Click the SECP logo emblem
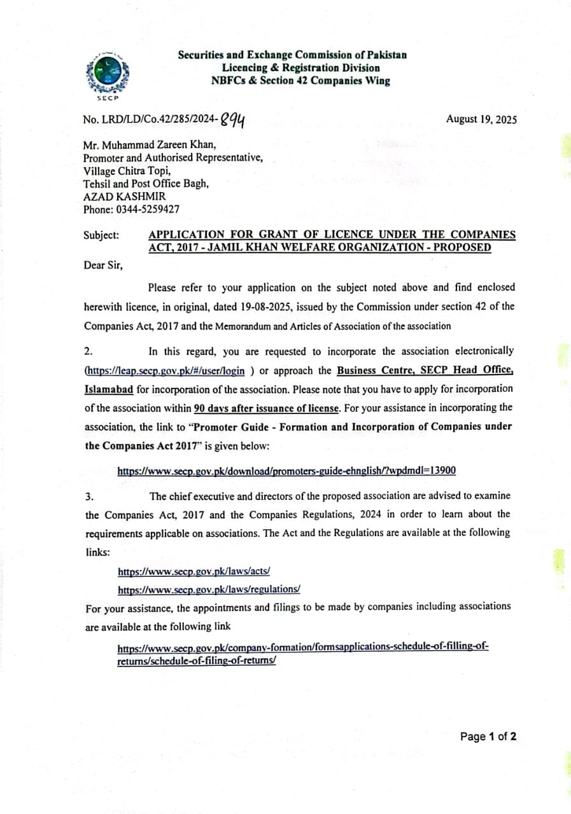click(x=108, y=74)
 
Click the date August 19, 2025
click(x=481, y=120)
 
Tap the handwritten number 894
click(x=234, y=119)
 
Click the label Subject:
click(x=101, y=235)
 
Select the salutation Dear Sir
click(x=103, y=265)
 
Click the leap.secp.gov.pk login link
click(x=165, y=371)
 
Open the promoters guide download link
click(x=286, y=471)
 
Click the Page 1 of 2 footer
click(x=488, y=736)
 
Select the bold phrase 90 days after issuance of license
click(x=266, y=407)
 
